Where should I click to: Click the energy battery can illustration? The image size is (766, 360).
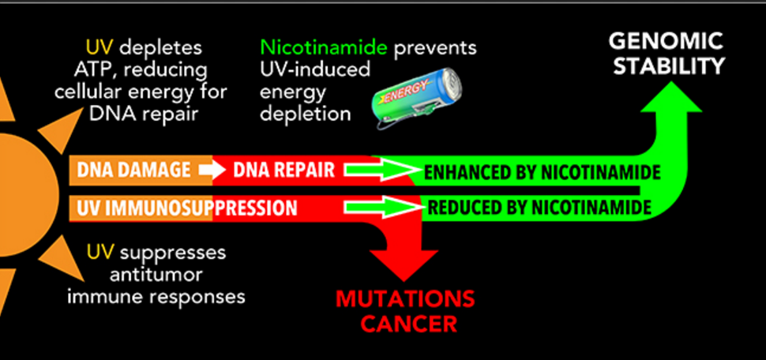click(x=419, y=99)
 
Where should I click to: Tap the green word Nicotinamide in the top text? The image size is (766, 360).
click(x=325, y=47)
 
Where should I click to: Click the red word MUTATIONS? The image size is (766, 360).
click(x=405, y=299)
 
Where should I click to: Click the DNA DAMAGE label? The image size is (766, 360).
click(x=133, y=170)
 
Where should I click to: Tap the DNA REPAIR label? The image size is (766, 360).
click(x=283, y=170)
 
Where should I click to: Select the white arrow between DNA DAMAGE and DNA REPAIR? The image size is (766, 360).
click(x=212, y=170)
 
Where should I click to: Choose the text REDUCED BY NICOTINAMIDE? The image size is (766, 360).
click(x=539, y=208)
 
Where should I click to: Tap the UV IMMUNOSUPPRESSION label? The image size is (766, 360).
click(x=186, y=208)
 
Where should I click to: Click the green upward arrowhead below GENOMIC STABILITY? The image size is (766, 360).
click(x=670, y=97)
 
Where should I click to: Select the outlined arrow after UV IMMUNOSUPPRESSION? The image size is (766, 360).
click(x=383, y=207)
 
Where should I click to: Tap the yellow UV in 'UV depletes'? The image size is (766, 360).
click(x=100, y=48)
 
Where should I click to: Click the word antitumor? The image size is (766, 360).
click(x=156, y=275)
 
